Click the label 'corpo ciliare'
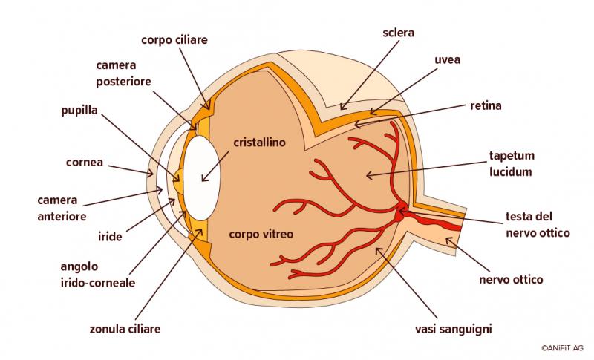point(174,39)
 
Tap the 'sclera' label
point(398,33)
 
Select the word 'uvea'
point(447,59)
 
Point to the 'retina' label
point(486,105)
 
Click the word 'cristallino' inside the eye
point(259,141)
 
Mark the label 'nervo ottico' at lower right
point(511,280)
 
